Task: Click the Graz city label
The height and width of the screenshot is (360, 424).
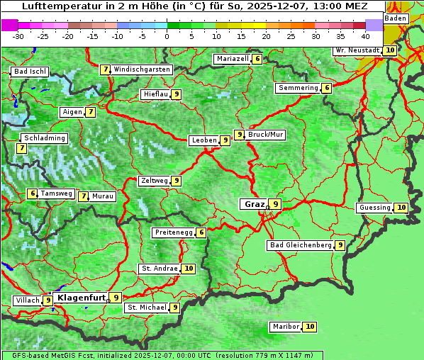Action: point(253,204)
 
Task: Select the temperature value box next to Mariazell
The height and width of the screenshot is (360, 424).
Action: point(257,59)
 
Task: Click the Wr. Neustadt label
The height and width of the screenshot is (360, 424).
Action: point(358,50)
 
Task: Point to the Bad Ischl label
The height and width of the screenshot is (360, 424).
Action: point(30,72)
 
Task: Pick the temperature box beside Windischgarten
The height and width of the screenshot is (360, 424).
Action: point(105,69)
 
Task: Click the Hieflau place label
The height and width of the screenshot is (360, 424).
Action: point(155,94)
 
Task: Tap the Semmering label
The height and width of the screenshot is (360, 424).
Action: point(298,88)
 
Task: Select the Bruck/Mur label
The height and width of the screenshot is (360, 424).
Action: point(266,134)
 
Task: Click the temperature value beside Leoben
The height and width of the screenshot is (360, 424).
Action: point(225,140)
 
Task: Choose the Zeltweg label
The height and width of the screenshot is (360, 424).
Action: point(155,181)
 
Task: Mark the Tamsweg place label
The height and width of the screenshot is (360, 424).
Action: point(56,193)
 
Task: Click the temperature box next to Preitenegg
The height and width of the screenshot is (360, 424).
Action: point(202,232)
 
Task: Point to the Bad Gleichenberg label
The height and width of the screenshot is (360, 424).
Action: point(301,245)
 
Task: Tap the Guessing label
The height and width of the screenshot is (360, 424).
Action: point(374,208)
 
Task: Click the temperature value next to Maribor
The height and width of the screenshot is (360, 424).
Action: point(311,327)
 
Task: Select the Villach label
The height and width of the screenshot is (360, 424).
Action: point(28,300)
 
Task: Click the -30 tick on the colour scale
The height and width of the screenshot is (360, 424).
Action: point(18,36)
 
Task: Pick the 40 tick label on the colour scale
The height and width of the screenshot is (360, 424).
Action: point(365,36)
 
